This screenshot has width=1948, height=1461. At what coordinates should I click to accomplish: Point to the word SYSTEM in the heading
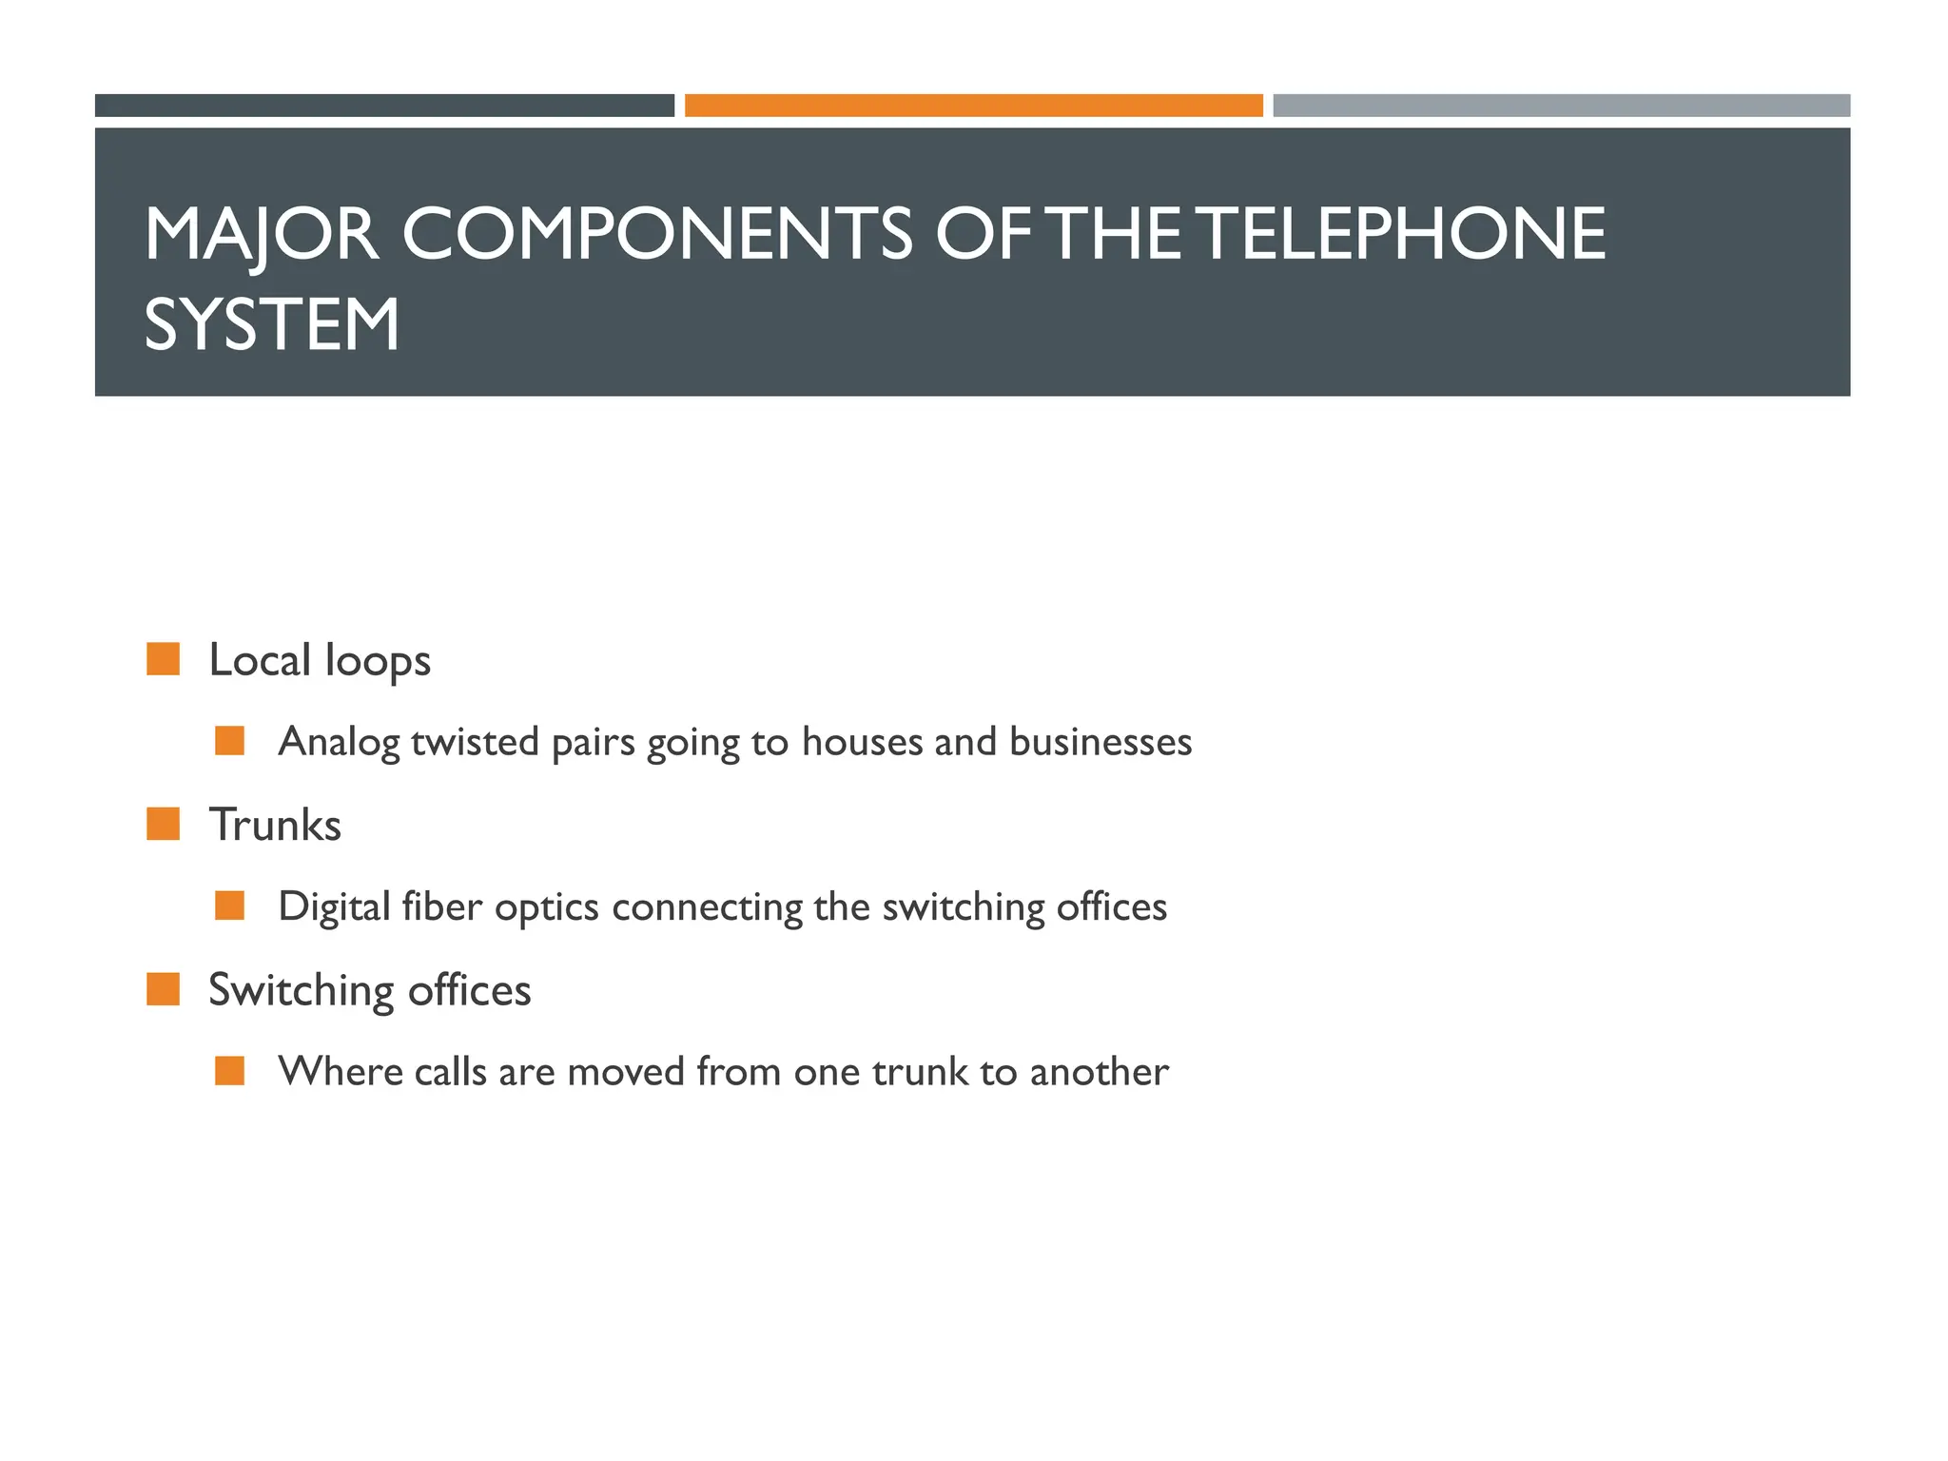(272, 325)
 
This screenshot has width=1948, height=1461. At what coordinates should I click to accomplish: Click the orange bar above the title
(973, 106)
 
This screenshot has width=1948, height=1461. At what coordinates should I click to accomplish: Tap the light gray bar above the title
(1561, 106)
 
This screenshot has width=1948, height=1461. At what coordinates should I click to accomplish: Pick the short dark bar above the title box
(384, 106)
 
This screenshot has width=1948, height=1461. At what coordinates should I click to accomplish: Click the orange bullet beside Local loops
(164, 659)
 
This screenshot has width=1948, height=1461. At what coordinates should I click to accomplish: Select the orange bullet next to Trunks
(164, 824)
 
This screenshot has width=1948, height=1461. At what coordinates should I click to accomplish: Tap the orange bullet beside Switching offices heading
(164, 989)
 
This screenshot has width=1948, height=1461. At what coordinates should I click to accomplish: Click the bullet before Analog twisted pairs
(230, 741)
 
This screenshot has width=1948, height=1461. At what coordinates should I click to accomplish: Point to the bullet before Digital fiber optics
(230, 906)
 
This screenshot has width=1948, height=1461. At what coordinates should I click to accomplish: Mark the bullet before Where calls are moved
(230, 1071)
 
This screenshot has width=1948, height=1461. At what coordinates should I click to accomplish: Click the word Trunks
(275, 825)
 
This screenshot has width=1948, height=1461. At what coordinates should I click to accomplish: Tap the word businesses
(1101, 742)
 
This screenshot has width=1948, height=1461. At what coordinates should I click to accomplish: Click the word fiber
(442, 906)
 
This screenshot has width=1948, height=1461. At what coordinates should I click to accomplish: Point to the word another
(1099, 1072)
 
